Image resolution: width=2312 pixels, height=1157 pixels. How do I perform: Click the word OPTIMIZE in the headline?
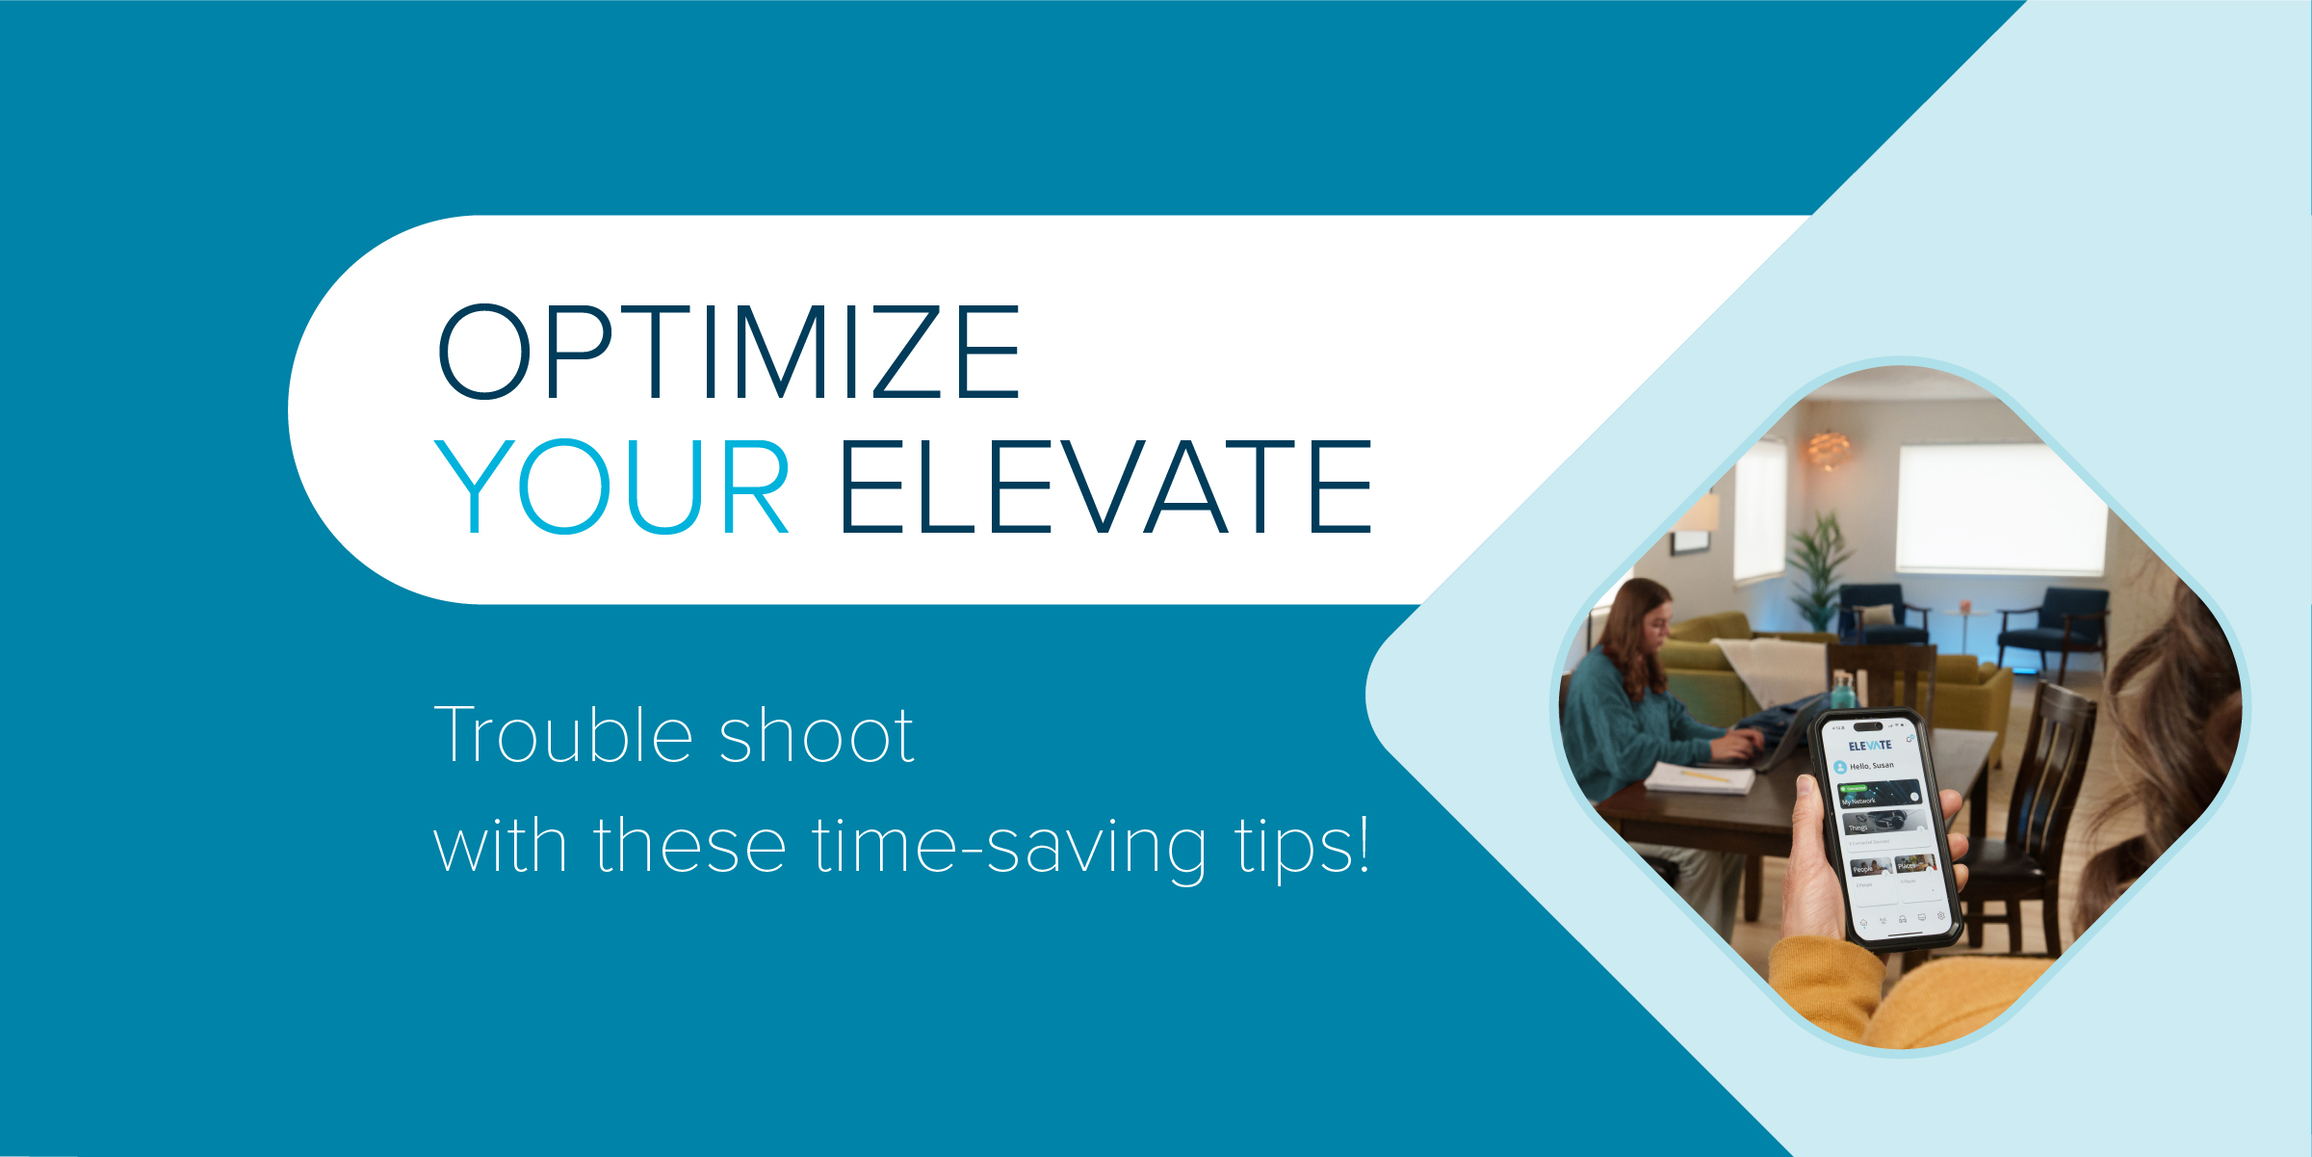click(x=729, y=352)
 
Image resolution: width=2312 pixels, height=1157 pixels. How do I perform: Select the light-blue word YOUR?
click(x=612, y=486)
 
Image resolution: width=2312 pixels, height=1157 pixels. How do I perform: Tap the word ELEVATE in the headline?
click(x=1106, y=486)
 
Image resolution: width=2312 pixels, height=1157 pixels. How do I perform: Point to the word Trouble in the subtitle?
click(x=563, y=735)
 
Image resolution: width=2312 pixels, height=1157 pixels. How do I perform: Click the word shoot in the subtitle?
click(x=817, y=737)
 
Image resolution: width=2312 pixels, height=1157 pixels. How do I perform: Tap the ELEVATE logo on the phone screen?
click(x=1870, y=746)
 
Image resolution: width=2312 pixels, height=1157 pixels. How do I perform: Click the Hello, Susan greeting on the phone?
click(x=1871, y=766)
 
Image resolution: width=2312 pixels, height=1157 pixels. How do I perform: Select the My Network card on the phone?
click(x=1881, y=796)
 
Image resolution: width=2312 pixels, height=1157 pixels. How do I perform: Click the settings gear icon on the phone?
click(x=1941, y=915)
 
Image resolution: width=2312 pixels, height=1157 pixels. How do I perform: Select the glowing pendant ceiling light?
click(x=1828, y=448)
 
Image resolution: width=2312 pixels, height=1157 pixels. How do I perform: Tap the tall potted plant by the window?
click(x=1818, y=568)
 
